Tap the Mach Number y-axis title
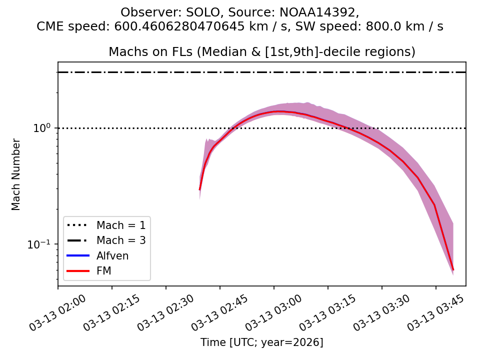click(16, 174)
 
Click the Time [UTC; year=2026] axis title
click(262, 342)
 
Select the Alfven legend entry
click(112, 256)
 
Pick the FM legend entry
click(103, 271)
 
